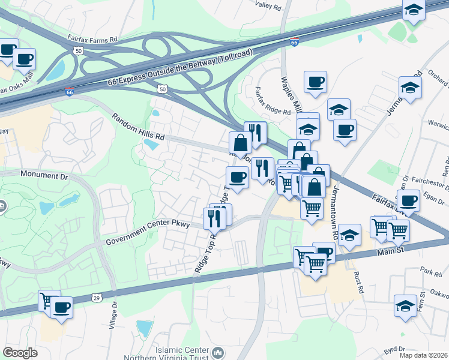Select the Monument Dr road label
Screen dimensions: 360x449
(x=46, y=174)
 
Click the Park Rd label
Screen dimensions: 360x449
(x=430, y=271)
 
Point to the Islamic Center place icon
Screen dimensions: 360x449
(x=219, y=352)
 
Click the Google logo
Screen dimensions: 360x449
(x=20, y=353)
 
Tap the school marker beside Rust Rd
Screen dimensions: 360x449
(x=349, y=236)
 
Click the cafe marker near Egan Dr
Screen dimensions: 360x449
(x=408, y=200)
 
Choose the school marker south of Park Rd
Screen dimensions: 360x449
(x=406, y=305)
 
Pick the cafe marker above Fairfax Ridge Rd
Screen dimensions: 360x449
(x=315, y=82)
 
